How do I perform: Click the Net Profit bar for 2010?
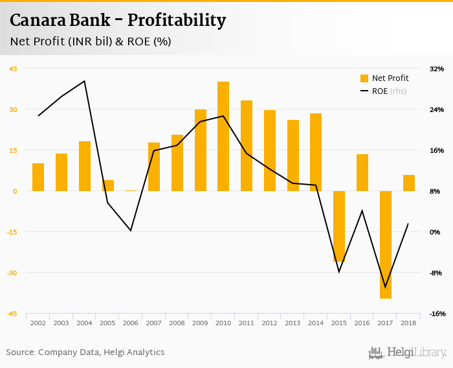[x=223, y=136]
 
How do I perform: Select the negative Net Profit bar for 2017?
[x=386, y=245]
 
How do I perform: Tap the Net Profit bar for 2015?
[x=339, y=226]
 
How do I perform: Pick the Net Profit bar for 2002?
[x=38, y=177]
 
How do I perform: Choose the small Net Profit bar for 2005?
[x=108, y=185]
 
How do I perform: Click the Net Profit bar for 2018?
[x=409, y=183]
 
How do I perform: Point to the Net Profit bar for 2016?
[x=362, y=172]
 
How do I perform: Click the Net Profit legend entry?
[x=384, y=78]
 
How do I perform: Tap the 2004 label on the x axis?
[x=85, y=323]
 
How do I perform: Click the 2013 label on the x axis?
[x=293, y=323]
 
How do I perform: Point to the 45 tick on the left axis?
[x=13, y=69]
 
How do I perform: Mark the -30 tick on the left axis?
[x=12, y=273]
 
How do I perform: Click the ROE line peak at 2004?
[x=85, y=81]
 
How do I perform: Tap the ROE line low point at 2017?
[x=386, y=287]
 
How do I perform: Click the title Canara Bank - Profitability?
[x=118, y=21]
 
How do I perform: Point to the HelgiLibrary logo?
[x=408, y=352]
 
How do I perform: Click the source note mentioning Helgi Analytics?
[x=85, y=352]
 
